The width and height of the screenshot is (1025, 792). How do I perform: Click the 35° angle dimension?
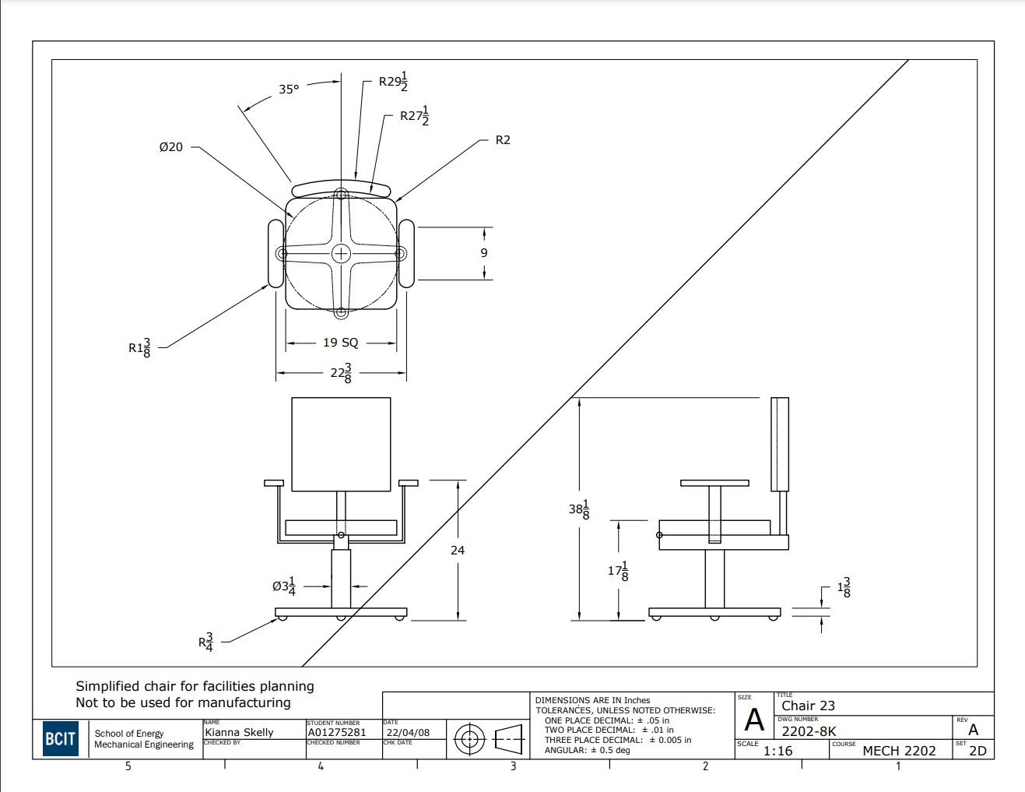[x=289, y=90]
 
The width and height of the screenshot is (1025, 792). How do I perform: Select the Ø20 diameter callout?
[x=170, y=146]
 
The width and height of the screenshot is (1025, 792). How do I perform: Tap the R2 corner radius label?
[x=503, y=140]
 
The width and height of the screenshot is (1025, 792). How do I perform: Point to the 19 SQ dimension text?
[x=341, y=343]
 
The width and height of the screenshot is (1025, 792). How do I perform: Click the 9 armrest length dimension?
[x=484, y=253]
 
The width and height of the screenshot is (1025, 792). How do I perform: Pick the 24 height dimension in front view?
[x=458, y=550]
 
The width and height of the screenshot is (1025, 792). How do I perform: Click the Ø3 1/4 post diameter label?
[x=284, y=586]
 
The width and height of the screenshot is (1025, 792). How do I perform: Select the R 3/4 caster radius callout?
[x=205, y=642]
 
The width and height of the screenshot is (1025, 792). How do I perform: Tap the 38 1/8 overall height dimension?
[x=579, y=509]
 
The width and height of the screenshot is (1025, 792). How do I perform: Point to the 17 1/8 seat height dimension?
[x=618, y=571]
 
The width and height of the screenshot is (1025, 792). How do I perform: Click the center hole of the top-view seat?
[x=341, y=253]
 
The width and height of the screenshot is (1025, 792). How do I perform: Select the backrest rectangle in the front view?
[x=341, y=444]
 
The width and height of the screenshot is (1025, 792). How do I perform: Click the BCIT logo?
[x=60, y=739]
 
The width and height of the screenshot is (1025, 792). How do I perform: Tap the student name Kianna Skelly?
[x=239, y=732]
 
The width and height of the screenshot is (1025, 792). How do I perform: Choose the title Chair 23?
[x=808, y=706]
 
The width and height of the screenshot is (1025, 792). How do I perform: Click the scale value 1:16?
[x=778, y=751]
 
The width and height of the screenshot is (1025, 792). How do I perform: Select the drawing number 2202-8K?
[x=809, y=731]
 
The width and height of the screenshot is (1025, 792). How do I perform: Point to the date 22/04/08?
[x=408, y=732]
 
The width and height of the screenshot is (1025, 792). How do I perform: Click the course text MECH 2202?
[x=899, y=751]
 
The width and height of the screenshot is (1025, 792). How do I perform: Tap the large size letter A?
[x=754, y=720]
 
